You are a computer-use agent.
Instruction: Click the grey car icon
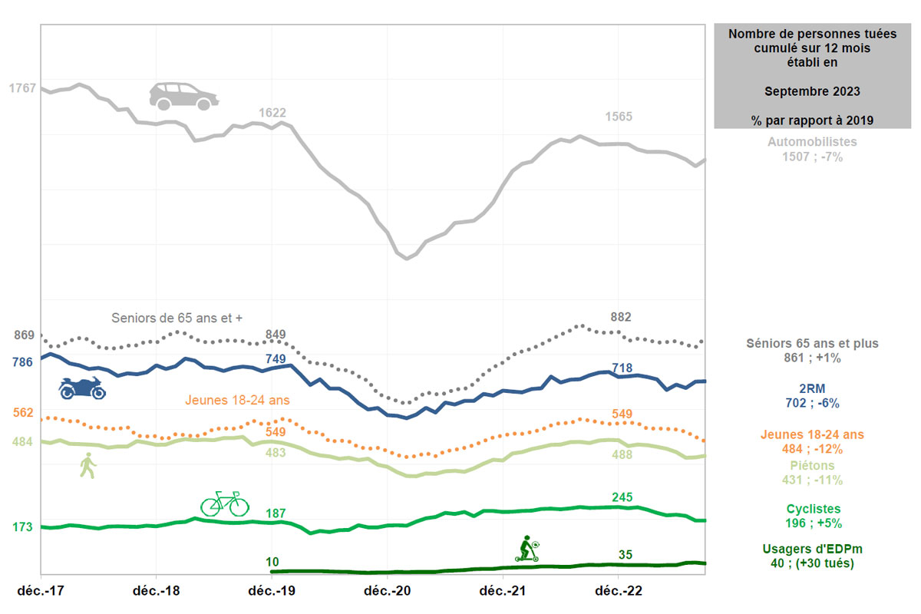183,96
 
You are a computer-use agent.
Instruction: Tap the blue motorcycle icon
82,388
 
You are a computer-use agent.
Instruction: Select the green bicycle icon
225,503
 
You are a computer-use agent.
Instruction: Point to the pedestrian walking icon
88,465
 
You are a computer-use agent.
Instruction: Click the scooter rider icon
527,549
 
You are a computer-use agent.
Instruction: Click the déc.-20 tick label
387,591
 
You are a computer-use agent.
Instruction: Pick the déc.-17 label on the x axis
41,591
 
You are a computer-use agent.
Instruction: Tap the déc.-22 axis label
619,591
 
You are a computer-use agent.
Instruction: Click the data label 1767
22,88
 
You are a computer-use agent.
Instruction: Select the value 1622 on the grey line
272,113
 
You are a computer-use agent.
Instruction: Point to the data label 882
621,317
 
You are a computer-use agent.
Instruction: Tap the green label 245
622,497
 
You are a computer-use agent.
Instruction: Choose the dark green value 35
626,554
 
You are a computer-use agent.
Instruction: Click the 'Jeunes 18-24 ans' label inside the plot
237,400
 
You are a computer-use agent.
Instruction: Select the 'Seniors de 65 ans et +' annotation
177,318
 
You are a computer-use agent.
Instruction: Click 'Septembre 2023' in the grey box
812,91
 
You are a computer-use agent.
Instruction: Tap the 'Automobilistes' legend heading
812,142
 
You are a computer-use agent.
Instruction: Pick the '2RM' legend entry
812,388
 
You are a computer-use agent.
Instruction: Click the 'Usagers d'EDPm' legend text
812,550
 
